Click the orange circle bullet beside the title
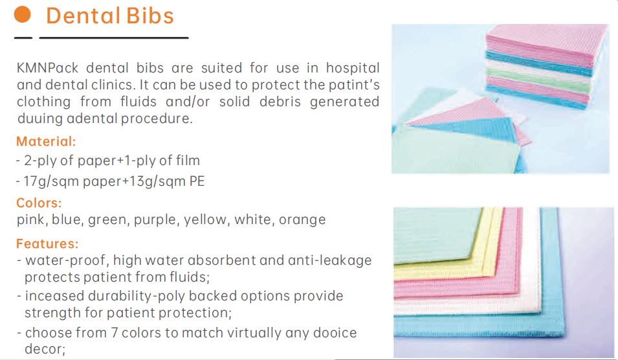[x=23, y=14]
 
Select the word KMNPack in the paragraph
[x=48, y=68]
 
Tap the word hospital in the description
[x=353, y=68]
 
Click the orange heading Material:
[x=46, y=141]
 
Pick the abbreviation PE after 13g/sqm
[x=197, y=181]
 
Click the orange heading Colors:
[x=39, y=203]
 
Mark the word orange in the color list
[x=302, y=220]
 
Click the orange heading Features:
[x=47, y=243]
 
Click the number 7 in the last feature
[x=115, y=333]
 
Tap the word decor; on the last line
[x=45, y=350]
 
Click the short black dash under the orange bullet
[x=23, y=38]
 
